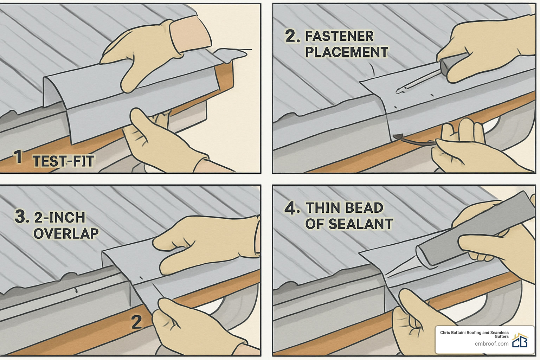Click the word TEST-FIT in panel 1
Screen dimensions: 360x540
point(64,161)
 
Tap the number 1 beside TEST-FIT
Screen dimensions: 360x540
point(18,157)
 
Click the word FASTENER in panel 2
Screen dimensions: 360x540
point(339,36)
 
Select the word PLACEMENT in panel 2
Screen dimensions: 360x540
point(347,52)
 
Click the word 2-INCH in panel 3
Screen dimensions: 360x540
point(60,218)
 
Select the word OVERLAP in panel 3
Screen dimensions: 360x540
point(66,233)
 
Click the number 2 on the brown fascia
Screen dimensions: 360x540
point(136,322)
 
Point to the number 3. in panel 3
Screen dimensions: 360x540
point(22,217)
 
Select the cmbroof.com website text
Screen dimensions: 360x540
point(491,344)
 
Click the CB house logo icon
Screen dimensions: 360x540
point(520,341)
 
